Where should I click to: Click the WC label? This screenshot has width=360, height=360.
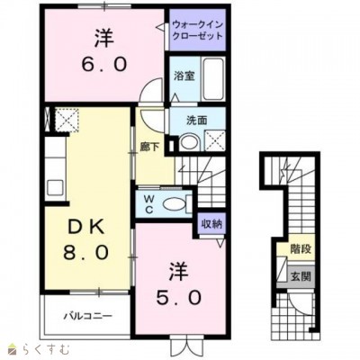[x=147, y=203]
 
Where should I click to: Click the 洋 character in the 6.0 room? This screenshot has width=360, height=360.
[x=103, y=39]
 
